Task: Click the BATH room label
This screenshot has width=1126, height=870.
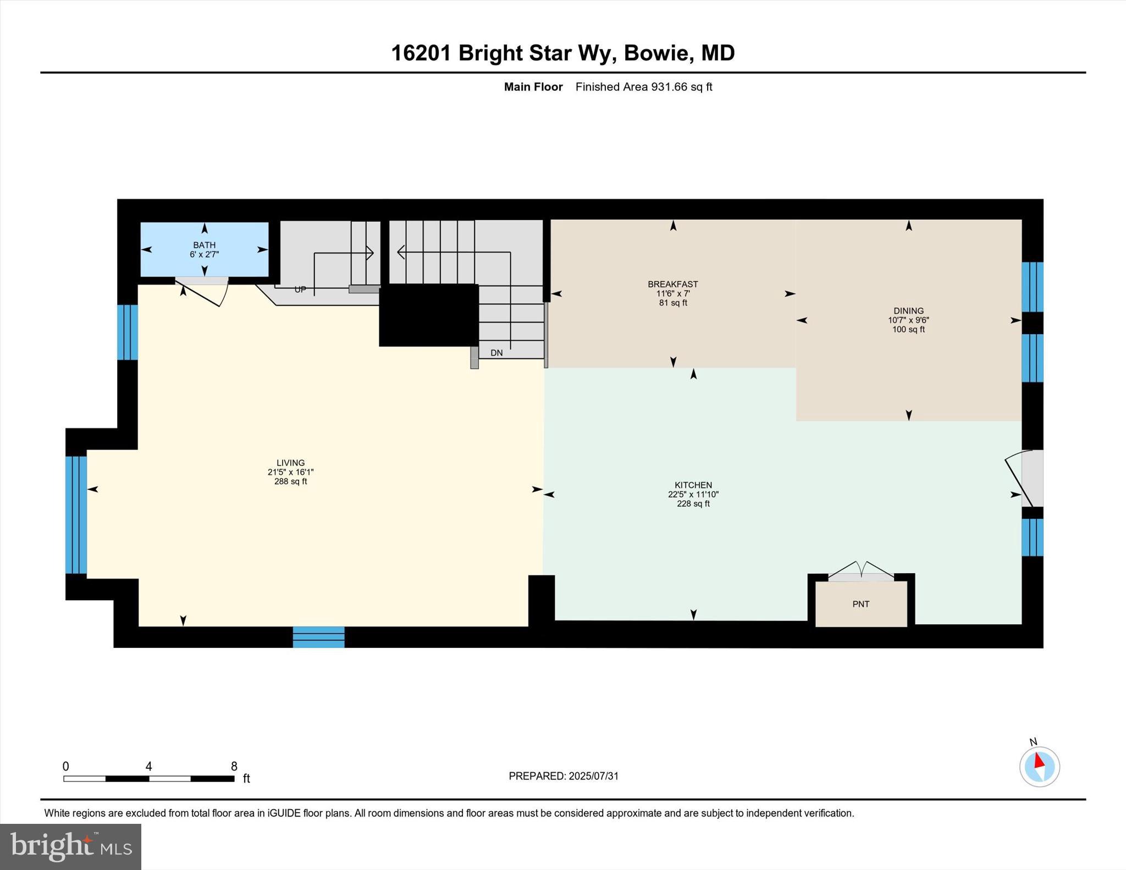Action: pos(204,245)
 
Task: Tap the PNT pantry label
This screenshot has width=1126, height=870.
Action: pos(860,604)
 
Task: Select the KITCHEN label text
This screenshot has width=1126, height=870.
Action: pos(693,485)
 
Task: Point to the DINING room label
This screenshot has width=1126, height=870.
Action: pos(908,311)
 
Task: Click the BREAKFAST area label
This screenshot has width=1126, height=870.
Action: pos(672,284)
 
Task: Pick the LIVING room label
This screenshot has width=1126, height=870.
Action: pos(290,463)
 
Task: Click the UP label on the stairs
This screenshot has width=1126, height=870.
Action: pos(300,290)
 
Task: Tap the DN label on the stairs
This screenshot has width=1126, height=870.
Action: pos(496,353)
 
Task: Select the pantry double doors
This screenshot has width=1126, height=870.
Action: pos(861,572)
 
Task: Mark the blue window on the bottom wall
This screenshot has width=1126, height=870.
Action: pos(318,637)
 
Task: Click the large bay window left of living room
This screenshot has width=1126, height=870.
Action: pos(76,514)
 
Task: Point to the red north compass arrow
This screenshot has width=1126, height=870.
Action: pos(1039,761)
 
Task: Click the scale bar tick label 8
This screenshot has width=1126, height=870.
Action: pos(234,766)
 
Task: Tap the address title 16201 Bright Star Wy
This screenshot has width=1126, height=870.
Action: pos(562,53)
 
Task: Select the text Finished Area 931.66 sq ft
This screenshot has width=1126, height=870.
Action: pos(643,87)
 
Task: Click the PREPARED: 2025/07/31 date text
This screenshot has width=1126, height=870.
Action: pos(564,776)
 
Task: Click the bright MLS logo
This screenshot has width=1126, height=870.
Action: pos(70,846)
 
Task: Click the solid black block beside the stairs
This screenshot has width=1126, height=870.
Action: pos(428,315)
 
